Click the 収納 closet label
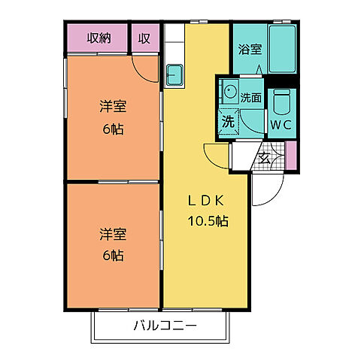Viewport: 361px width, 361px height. click(x=98, y=38)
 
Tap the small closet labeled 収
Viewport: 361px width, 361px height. click(x=144, y=38)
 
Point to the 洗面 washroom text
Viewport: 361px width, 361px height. click(x=251, y=97)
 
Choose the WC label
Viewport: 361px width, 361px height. click(x=281, y=124)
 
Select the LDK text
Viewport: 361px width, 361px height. click(x=205, y=201)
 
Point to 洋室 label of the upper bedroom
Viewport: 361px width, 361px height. click(x=112, y=107)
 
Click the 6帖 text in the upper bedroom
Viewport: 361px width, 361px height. click(x=112, y=127)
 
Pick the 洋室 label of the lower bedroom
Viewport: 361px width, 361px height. click(x=112, y=234)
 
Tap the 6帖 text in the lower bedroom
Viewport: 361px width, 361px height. click(x=112, y=255)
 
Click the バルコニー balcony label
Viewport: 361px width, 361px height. click(x=165, y=326)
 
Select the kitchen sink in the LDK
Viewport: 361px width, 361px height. click(x=174, y=76)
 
